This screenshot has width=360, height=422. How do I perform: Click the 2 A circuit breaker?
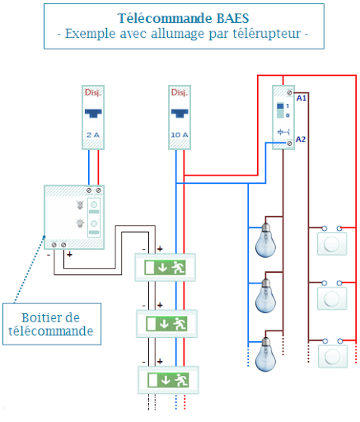tap(93, 117)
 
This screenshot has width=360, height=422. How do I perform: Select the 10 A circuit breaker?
tap(179, 117)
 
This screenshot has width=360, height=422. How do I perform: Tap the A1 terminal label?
tap(302, 98)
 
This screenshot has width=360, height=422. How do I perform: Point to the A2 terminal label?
tap(302, 141)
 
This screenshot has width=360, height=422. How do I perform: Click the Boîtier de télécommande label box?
tap(51, 324)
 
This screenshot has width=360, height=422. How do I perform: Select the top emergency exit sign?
tap(166, 267)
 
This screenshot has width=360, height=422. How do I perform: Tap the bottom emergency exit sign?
tap(166, 379)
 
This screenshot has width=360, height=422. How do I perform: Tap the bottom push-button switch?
tap(332, 354)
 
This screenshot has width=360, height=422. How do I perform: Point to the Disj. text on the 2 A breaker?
tap(93, 92)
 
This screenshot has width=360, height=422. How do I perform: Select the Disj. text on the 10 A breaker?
tap(179, 92)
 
